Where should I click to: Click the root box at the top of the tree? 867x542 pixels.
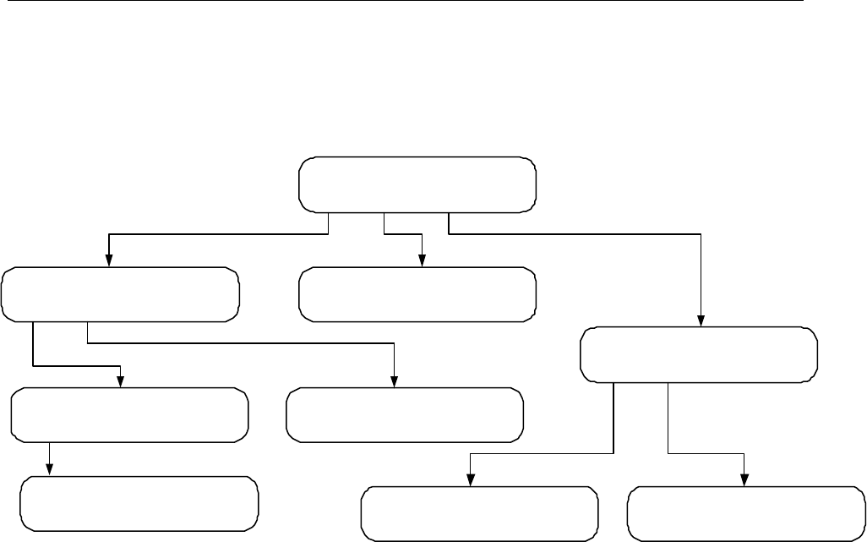pyautogui.click(x=417, y=183)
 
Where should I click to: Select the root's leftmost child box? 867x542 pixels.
pyautogui.click(x=120, y=294)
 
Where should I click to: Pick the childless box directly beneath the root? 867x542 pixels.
pyautogui.click(x=417, y=294)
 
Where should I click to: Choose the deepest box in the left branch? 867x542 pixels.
pyautogui.click(x=139, y=503)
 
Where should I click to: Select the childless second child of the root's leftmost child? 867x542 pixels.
pyautogui.click(x=405, y=415)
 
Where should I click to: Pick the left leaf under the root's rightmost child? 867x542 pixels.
pyautogui.click(x=479, y=513)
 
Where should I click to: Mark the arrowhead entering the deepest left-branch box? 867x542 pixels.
pyautogui.click(x=50, y=470)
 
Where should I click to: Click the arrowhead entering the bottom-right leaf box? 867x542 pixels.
pyautogui.click(x=744, y=480)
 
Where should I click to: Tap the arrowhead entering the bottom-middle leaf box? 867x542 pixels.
pyautogui.click(x=471, y=480)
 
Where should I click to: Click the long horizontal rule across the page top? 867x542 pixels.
pyautogui.click(x=401, y=2)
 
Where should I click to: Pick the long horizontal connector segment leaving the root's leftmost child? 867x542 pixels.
pyautogui.click(x=241, y=343)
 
